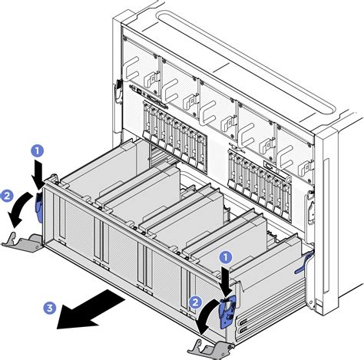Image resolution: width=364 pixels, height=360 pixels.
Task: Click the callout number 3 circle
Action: pos(50,307)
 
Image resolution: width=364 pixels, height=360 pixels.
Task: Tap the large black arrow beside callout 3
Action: pos(90,309)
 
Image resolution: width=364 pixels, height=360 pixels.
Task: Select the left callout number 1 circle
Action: pos(38,151)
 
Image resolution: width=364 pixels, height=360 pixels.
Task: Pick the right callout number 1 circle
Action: pos(226,258)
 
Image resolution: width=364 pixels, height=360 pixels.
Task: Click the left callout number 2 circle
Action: pos(7,197)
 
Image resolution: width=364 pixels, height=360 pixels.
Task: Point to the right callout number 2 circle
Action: pos(195,302)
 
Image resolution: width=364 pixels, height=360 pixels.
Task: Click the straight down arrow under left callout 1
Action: pos(38,174)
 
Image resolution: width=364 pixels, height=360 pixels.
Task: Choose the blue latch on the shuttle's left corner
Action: pos(38,207)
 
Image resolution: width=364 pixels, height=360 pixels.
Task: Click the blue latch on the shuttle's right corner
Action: pos(227,312)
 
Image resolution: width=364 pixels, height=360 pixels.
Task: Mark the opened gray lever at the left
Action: pos(22,242)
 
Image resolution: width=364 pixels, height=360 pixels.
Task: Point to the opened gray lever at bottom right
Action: pos(210,348)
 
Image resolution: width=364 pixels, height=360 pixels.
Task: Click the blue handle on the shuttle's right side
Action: pos(304,263)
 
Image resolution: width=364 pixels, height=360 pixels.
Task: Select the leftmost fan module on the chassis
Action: pos(141,68)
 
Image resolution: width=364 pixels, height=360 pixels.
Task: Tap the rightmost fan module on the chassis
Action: pos(294,151)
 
